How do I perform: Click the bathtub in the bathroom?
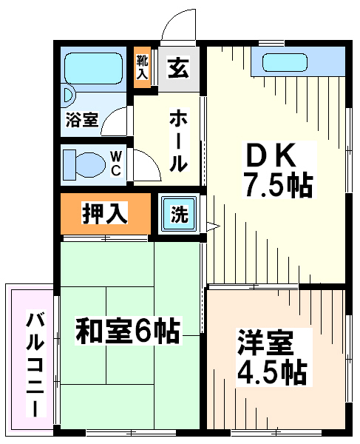pyautogui.click(x=94, y=68)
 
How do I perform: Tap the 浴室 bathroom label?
pyautogui.click(x=82, y=120)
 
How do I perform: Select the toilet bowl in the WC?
pyautogui.click(x=89, y=165)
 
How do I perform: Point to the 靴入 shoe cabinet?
pyautogui.click(x=142, y=67)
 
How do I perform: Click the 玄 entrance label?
pyautogui.click(x=178, y=67)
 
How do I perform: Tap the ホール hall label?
pyautogui.click(x=178, y=140)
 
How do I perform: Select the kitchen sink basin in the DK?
pyautogui.click(x=285, y=63)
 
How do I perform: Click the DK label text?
pyautogui.click(x=271, y=155)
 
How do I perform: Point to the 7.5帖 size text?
pyautogui.click(x=279, y=185)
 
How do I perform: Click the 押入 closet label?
pyautogui.click(x=105, y=212)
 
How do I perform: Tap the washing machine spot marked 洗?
pyautogui.click(x=180, y=214)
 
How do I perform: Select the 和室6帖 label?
pyautogui.click(x=128, y=331)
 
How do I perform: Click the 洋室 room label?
pyautogui.click(x=265, y=343)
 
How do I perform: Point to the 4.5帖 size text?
pyautogui.click(x=272, y=371)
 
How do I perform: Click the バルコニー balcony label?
pyautogui.click(x=35, y=363)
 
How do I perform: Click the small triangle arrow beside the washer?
pyautogui.click(x=213, y=226)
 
